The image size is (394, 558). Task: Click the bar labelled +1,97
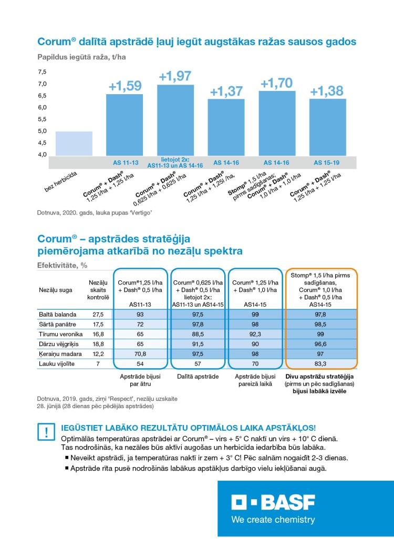click(x=175, y=119)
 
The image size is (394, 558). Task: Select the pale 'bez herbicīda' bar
click(x=74, y=143)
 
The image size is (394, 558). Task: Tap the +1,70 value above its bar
click(x=277, y=83)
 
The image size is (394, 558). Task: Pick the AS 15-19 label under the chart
click(x=327, y=163)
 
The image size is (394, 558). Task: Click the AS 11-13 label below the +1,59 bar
click(x=125, y=163)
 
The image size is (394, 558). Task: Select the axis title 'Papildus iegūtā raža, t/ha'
click(x=81, y=57)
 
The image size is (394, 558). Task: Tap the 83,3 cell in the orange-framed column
click(x=320, y=363)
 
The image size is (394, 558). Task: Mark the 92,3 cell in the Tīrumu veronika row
click(x=254, y=333)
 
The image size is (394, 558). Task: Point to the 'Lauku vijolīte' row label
click(x=57, y=363)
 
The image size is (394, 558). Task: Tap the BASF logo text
click(x=273, y=503)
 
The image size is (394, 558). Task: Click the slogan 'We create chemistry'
click(x=273, y=520)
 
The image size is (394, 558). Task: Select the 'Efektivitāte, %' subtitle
click(x=61, y=265)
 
